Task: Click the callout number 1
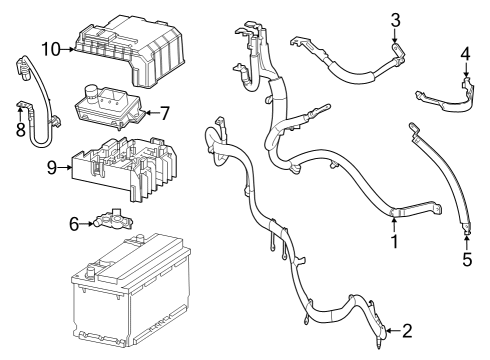point(393,240)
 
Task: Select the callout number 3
point(395,20)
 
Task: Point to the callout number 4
point(465,53)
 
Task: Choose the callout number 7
point(167,113)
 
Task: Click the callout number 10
point(51,48)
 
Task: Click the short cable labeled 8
point(35,100)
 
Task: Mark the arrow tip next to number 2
point(385,329)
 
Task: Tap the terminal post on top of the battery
point(94,268)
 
